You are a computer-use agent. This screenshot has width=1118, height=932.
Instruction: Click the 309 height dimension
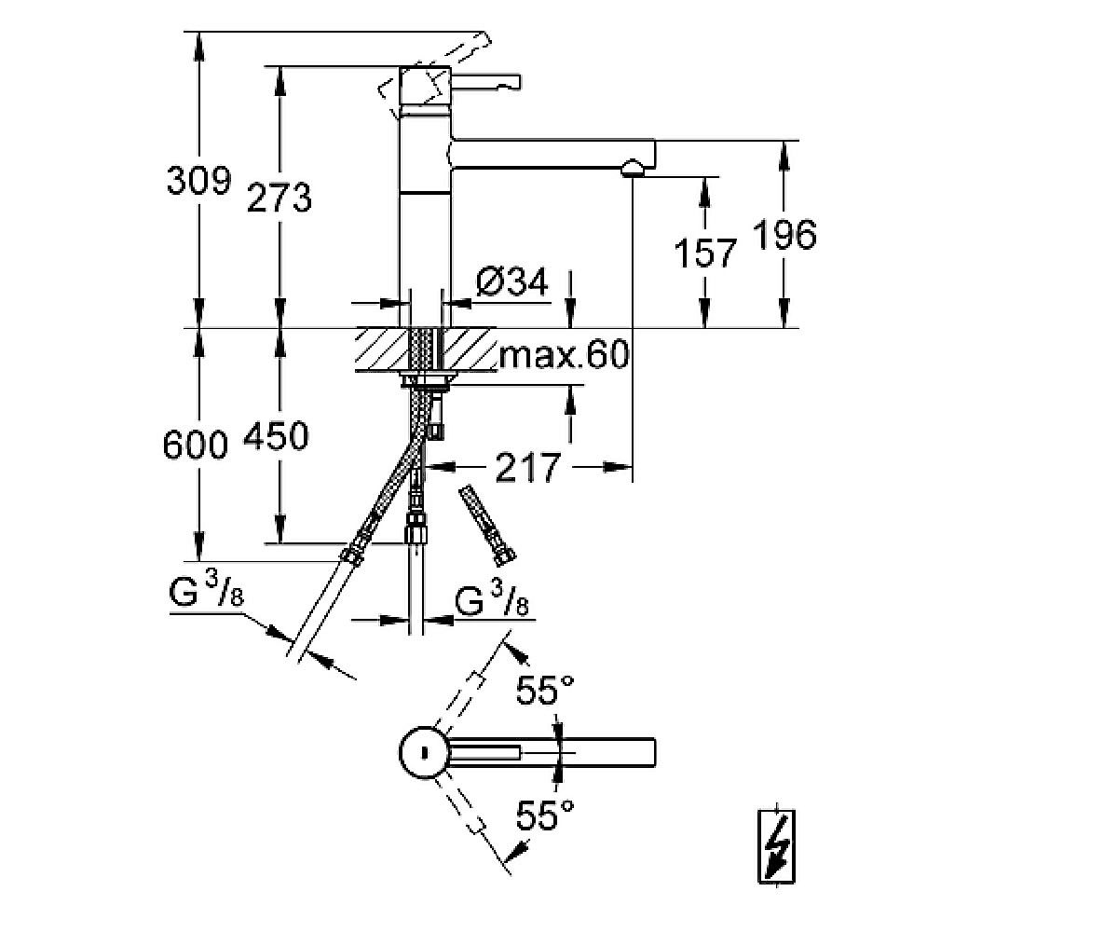coord(198,181)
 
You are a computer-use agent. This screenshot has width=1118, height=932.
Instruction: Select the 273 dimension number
coord(279,197)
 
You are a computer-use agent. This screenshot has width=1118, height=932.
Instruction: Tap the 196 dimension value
coord(784,234)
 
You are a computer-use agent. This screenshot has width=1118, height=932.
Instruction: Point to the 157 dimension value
coord(704,253)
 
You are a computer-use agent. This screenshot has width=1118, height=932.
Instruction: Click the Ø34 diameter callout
coord(511,281)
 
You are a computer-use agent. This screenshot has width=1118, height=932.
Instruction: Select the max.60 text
coord(564,354)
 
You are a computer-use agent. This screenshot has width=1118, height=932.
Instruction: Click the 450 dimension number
coord(276,435)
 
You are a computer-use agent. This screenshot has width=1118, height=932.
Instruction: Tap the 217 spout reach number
coord(527,468)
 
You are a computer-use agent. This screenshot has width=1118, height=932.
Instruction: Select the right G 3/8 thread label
coord(492,599)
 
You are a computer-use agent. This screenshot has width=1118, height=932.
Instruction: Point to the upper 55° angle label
coord(544,690)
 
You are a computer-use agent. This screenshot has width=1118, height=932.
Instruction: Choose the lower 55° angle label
coord(544,815)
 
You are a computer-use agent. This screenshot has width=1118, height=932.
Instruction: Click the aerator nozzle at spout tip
coord(633,168)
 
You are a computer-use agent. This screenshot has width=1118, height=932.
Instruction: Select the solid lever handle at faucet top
coord(485,81)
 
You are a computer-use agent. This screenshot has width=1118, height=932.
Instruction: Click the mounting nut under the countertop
coord(425,379)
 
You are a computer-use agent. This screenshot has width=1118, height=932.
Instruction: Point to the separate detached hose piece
coord(488,525)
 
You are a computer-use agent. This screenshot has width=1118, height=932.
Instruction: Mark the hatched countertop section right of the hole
coord(468,349)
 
